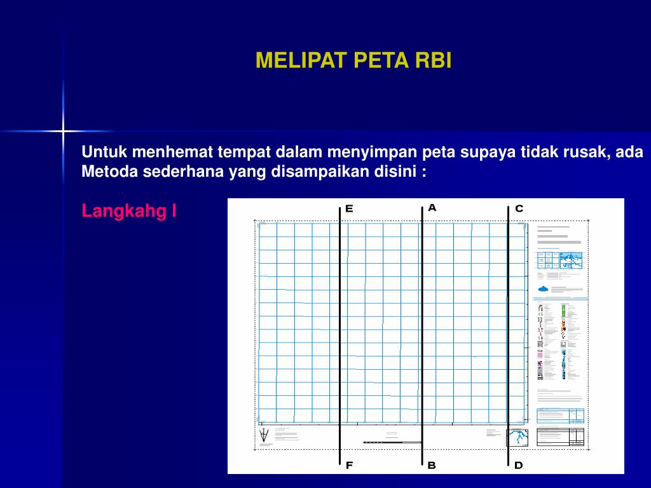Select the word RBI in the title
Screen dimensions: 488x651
pos(434,60)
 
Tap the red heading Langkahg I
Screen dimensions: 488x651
pos(129,211)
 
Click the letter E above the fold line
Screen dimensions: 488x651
pos(349,208)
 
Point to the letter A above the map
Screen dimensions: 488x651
pos(432,207)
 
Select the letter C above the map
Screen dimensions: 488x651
pos(519,208)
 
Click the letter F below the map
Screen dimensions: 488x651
pos(349,465)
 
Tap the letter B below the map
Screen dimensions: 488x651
pos(432,465)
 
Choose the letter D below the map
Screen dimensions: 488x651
pos(518,465)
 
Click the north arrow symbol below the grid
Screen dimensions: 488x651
pos(264,436)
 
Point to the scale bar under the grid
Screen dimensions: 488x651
pos(391,442)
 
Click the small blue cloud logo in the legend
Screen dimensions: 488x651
pos(543,288)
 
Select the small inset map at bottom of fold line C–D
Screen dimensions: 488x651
pos(517,438)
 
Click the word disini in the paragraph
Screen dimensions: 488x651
pos(399,172)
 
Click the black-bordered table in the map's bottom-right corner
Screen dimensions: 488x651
pos(560,437)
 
